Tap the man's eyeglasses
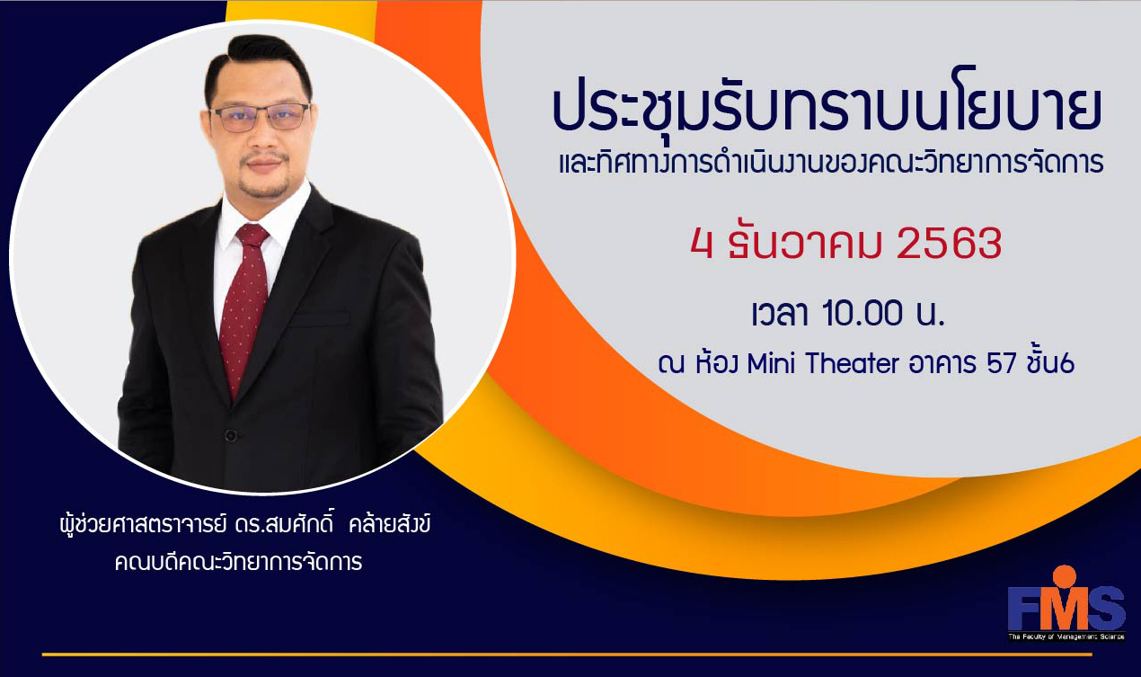tap(260, 117)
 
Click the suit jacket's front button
tap(231, 436)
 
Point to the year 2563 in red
tap(949, 244)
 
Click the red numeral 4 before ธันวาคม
tap(702, 244)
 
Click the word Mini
tap(771, 363)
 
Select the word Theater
tap(853, 363)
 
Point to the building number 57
tap(1002, 363)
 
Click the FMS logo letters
tap(1066, 609)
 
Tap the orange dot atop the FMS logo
tap(1065, 576)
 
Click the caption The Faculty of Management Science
tap(1066, 637)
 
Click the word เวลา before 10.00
tap(780, 313)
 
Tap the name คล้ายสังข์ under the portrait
tap(390, 524)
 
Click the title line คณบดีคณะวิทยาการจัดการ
tap(238, 562)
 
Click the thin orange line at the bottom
tap(567, 654)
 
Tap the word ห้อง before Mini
tap(716, 362)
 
